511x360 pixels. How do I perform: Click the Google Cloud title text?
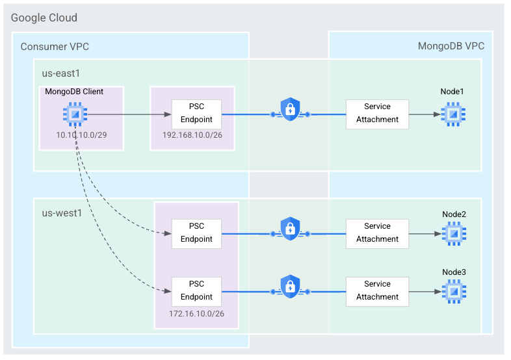point(44,18)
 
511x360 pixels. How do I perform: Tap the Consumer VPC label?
point(55,46)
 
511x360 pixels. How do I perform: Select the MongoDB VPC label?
point(451,46)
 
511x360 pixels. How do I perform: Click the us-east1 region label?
point(60,73)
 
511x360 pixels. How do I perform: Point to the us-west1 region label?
point(62,213)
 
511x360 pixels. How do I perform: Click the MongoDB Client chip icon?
point(75,114)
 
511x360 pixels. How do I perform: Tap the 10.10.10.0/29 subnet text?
point(81,136)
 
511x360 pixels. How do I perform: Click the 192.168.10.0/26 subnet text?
point(192,136)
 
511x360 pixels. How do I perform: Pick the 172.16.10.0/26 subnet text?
point(196,314)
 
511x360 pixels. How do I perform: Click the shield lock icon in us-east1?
point(289,109)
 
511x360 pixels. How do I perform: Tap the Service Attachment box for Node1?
point(377,114)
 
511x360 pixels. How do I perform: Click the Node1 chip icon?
point(453,114)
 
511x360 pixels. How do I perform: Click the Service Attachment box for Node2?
point(377,233)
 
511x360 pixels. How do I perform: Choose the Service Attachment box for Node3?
point(377,290)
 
